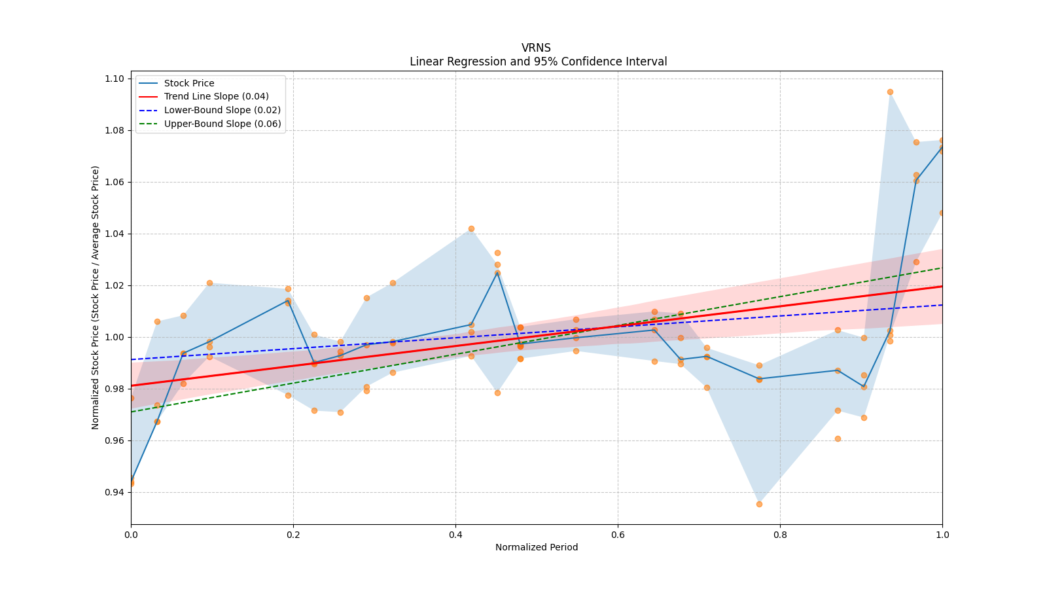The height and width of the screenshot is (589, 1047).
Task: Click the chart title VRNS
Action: [536, 48]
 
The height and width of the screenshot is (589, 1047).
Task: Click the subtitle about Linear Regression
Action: [538, 62]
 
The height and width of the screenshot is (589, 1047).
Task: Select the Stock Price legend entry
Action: [189, 83]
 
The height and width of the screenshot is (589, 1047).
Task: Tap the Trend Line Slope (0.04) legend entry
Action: [216, 97]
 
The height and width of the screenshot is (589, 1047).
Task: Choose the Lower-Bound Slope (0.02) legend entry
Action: [222, 111]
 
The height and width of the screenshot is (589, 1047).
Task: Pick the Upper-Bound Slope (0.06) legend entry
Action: [222, 124]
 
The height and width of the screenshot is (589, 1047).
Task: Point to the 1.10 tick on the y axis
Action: [115, 79]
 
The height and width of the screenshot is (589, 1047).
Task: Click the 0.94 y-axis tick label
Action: [115, 492]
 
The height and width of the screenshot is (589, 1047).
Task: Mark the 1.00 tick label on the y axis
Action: [115, 337]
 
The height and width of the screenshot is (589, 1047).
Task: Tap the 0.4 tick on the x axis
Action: [455, 535]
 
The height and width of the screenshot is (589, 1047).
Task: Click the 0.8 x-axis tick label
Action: [780, 535]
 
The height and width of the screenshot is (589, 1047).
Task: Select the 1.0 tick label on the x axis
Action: [942, 535]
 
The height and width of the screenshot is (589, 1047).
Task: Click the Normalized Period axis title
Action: [537, 547]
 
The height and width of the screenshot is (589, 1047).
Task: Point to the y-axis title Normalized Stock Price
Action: [96, 297]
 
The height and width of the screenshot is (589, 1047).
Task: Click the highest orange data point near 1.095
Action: [890, 92]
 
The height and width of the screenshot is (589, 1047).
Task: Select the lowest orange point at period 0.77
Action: [759, 504]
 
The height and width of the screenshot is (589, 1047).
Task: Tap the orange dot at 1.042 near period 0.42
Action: [471, 228]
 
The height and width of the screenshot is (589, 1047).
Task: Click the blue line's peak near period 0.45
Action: [497, 272]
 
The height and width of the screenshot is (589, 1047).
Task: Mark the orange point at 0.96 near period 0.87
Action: [838, 438]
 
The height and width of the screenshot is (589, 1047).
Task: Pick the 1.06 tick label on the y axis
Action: [115, 182]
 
